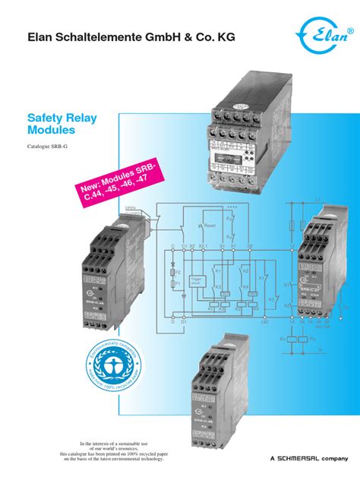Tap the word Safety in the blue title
coord(51,119)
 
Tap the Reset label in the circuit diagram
coord(209,226)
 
